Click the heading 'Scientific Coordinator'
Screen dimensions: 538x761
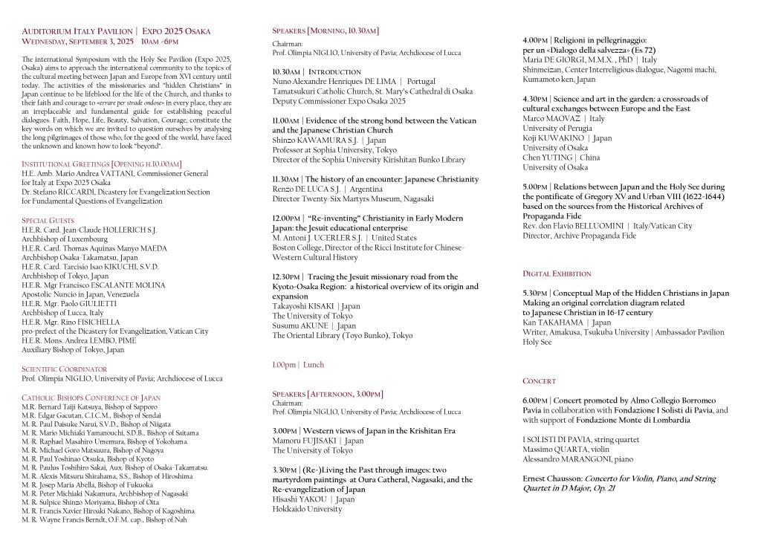pyautogui.click(x=65, y=369)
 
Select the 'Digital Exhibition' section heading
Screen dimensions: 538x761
pyautogui.click(x=557, y=273)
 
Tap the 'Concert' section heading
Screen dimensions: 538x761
pyautogui.click(x=539, y=380)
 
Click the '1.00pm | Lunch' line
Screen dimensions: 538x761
pyautogui.click(x=298, y=365)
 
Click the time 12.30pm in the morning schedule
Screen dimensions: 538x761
pyautogui.click(x=287, y=276)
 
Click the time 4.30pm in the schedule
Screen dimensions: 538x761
pyautogui.click(x=535, y=98)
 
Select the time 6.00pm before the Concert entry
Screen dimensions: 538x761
pyautogui.click(x=535, y=400)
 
